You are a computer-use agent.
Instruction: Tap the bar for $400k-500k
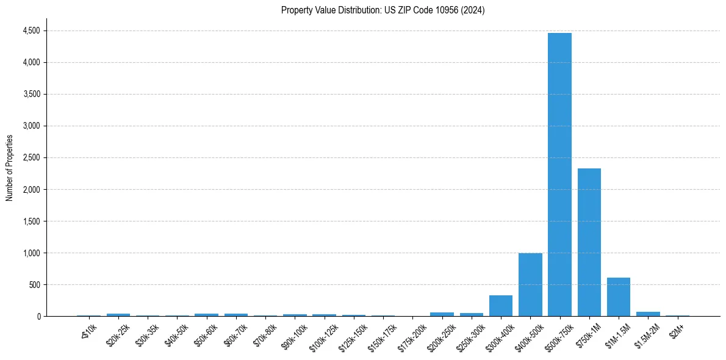coord(530,284)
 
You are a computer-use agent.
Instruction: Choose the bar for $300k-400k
coord(501,306)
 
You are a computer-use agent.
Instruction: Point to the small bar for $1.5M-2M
coord(648,314)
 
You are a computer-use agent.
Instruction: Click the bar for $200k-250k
coord(442,314)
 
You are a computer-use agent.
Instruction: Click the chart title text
coord(383,10)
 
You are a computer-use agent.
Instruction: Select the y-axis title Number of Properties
coord(10,168)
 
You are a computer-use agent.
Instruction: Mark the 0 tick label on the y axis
coord(38,316)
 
